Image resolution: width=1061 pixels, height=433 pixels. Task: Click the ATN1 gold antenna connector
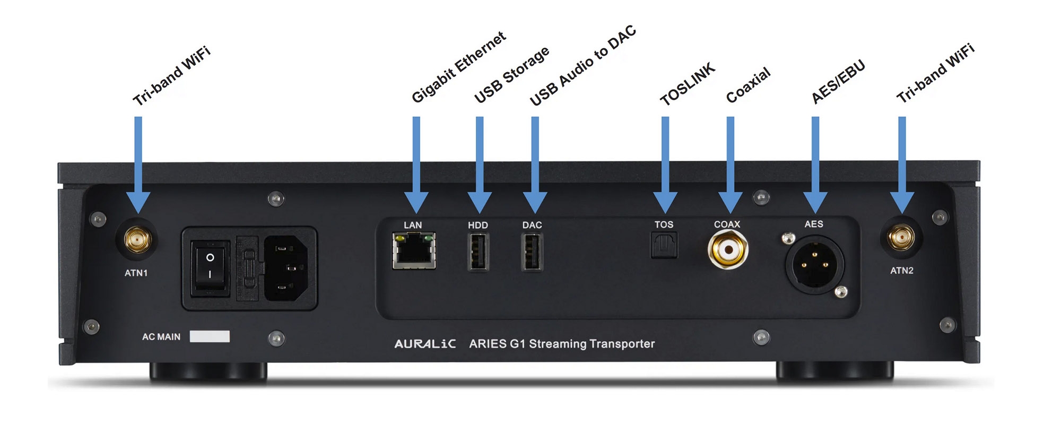pyautogui.click(x=137, y=240)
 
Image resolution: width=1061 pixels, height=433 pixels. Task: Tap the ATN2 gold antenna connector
pyautogui.click(x=901, y=238)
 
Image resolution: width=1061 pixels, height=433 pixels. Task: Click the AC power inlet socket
pyautogui.click(x=285, y=268)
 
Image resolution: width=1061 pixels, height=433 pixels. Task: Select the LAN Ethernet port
pyautogui.click(x=414, y=250)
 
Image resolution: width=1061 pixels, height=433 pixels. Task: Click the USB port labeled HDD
pyautogui.click(x=478, y=252)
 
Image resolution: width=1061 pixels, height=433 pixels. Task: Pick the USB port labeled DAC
pyautogui.click(x=532, y=252)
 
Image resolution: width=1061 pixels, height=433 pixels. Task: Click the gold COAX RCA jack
pyautogui.click(x=728, y=249)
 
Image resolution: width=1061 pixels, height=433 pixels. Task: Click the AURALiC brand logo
pyautogui.click(x=424, y=344)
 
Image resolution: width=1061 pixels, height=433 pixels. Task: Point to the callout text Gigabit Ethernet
pyautogui.click(x=459, y=67)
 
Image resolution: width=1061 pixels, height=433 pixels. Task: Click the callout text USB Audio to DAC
pyautogui.click(x=582, y=65)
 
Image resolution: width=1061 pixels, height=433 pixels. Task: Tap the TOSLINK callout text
pyautogui.click(x=688, y=84)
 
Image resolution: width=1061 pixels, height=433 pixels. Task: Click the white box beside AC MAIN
pyautogui.click(x=210, y=336)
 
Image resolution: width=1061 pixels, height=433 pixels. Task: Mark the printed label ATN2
pyautogui.click(x=902, y=271)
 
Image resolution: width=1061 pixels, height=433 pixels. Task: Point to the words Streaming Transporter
pyautogui.click(x=592, y=344)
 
